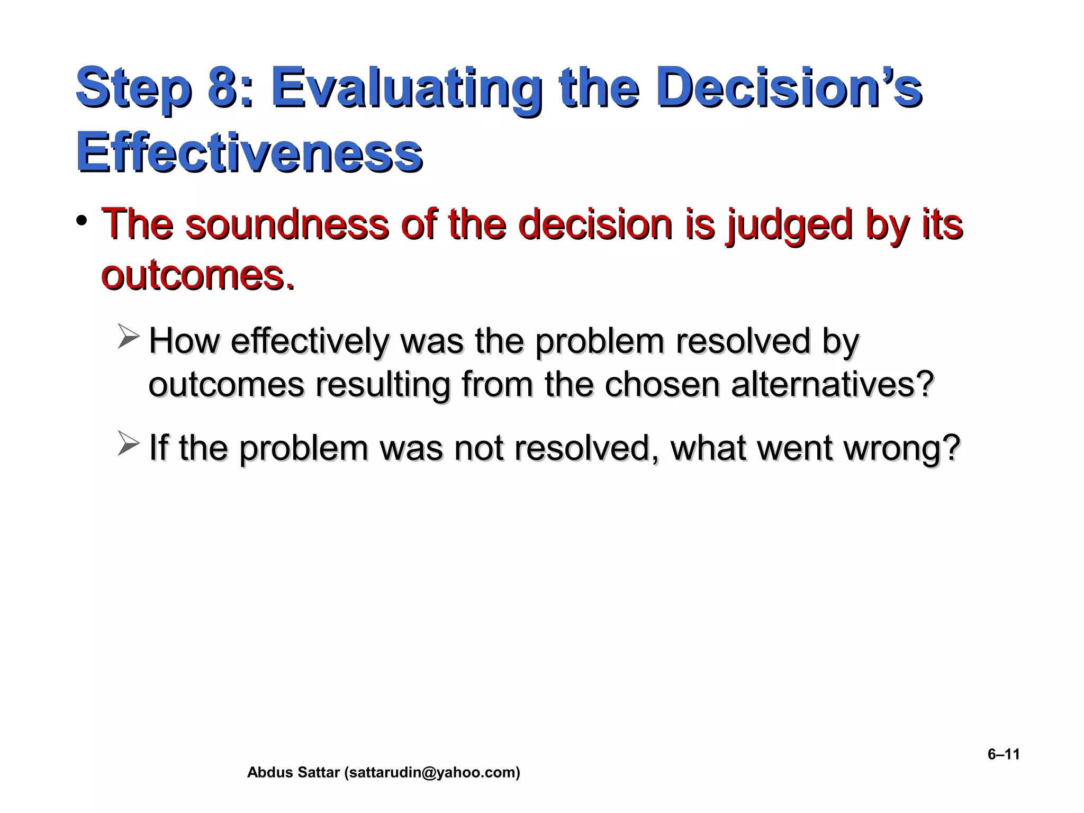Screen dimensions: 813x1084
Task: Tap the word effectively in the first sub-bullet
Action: [x=309, y=341]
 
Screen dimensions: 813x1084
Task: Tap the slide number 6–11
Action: [x=1003, y=754]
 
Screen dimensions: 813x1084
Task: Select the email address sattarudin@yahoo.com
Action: [x=432, y=773]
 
